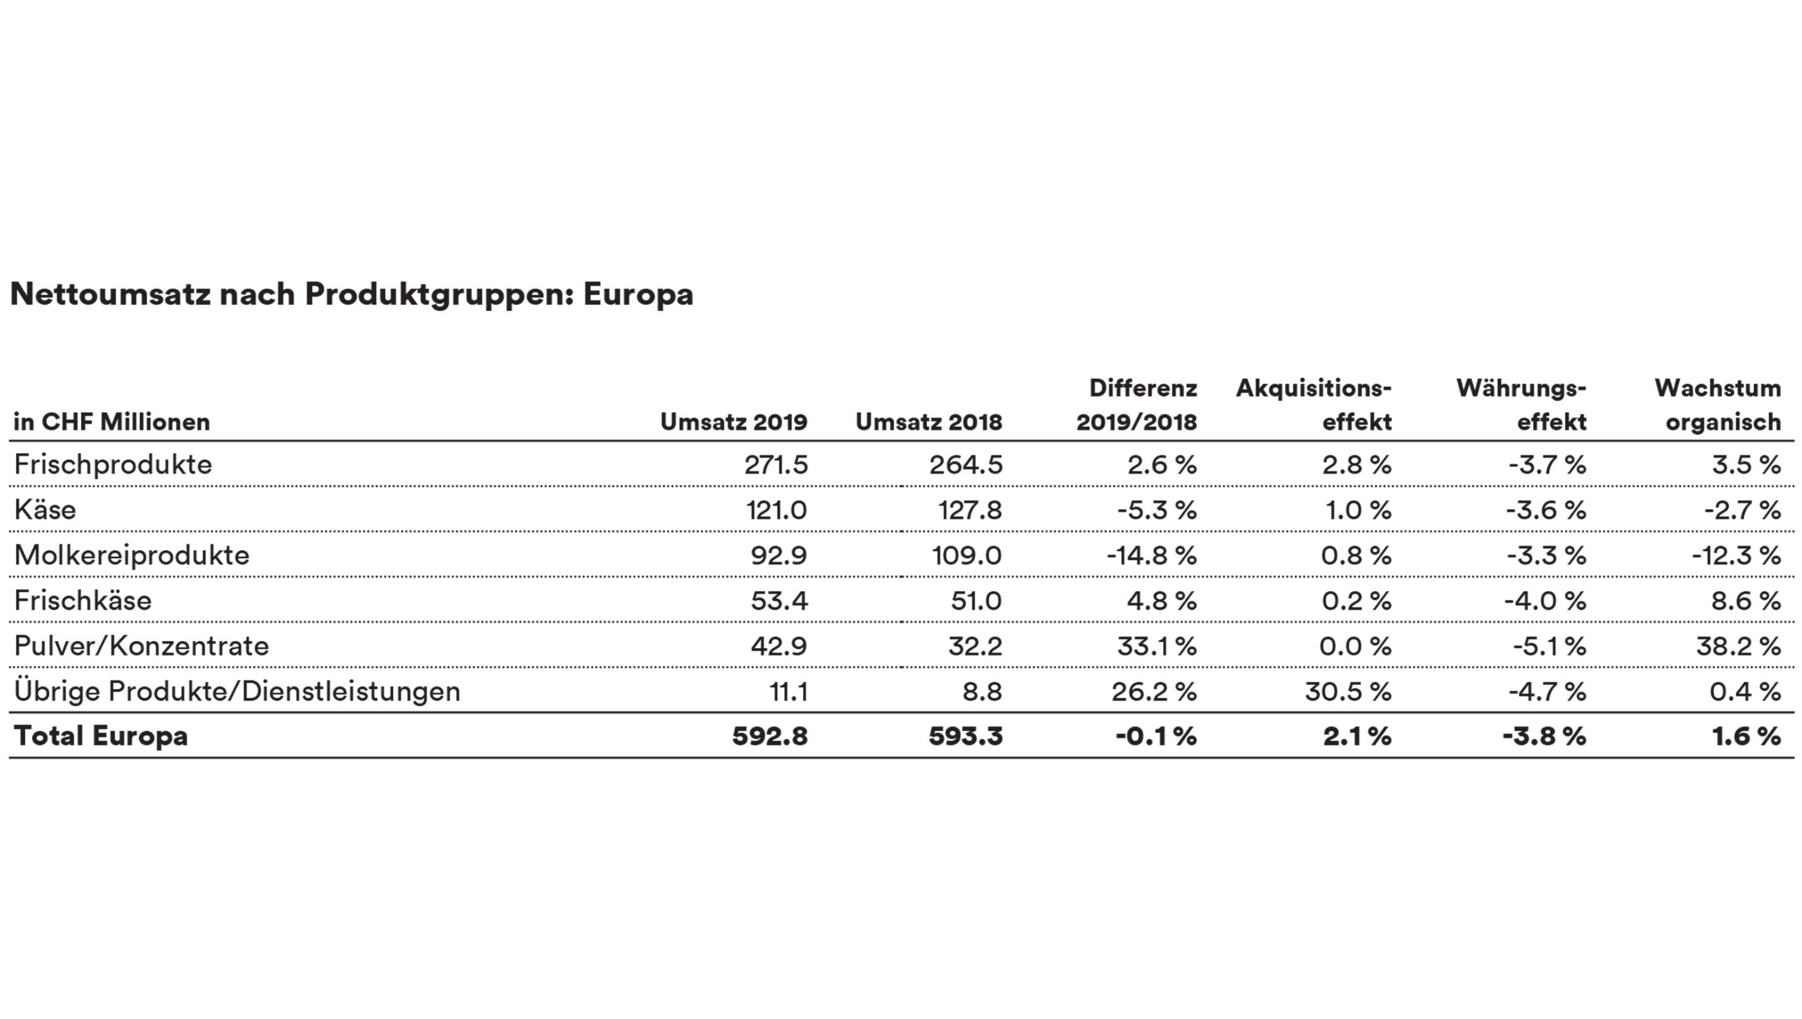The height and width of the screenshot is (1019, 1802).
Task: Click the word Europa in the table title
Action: [638, 295]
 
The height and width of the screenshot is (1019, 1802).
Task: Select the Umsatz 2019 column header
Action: [733, 422]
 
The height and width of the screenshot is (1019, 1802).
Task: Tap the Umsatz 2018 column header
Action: [929, 422]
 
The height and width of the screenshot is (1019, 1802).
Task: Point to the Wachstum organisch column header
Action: [1717, 405]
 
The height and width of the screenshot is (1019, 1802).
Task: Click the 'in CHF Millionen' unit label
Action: [112, 422]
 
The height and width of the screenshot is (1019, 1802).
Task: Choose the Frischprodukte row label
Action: [112, 465]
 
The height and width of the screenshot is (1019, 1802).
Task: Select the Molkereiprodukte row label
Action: [131, 555]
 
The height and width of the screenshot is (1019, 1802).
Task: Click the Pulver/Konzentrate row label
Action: [141, 646]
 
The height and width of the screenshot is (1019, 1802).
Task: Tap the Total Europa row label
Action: [101, 736]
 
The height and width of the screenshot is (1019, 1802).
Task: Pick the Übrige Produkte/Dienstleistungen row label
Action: [237, 692]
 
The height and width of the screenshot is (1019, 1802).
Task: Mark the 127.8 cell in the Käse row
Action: [969, 510]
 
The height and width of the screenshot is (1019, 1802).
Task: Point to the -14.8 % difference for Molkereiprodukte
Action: [1151, 556]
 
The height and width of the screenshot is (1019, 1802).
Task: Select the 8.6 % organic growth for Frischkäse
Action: [1746, 600]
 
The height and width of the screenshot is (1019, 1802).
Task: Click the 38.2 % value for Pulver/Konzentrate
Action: [1738, 646]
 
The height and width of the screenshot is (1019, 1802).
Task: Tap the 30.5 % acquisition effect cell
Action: [1348, 692]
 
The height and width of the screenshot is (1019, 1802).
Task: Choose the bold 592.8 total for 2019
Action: [770, 736]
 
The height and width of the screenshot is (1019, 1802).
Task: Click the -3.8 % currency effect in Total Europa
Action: [1544, 736]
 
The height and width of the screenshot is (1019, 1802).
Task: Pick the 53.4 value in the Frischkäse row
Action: [779, 600]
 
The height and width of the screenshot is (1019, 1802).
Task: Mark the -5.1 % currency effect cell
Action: [1550, 646]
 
